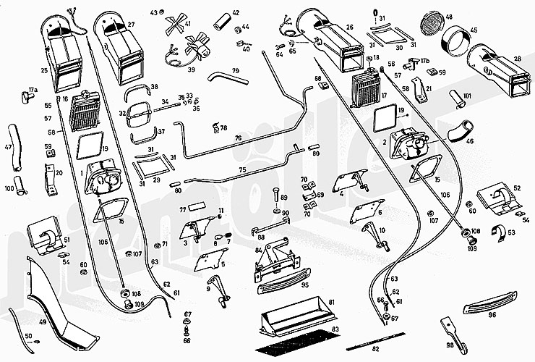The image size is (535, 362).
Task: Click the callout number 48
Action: tap(449, 17)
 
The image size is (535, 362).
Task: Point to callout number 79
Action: tap(235, 70)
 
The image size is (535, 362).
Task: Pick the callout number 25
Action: tap(44, 70)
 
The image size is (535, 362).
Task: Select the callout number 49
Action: tap(43, 321)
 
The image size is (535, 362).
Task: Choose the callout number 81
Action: tap(331, 302)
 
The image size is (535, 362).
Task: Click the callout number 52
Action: tap(516, 188)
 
